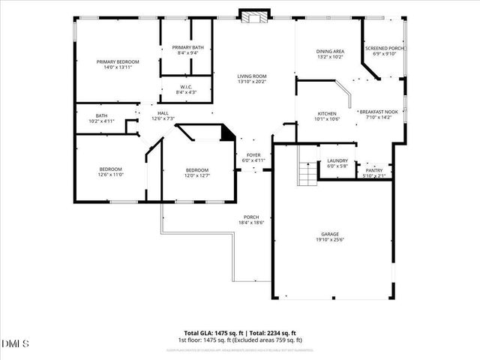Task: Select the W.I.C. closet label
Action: [x=187, y=89]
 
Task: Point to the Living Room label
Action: [x=252, y=79]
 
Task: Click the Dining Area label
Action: [x=329, y=53]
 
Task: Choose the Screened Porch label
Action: [x=384, y=51]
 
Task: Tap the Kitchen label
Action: [x=327, y=116]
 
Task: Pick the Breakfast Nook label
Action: [x=378, y=114]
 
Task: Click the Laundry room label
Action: [x=337, y=163]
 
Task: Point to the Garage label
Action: [x=330, y=237]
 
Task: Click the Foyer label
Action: [x=252, y=157]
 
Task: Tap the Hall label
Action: [x=163, y=115]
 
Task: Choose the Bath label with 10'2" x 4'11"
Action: [x=102, y=118]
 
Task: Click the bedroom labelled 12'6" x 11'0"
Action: [x=110, y=172]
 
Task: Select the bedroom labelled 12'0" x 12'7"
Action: [x=197, y=173]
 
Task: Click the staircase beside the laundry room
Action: [x=308, y=174]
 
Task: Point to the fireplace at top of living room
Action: [x=250, y=16]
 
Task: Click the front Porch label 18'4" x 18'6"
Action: [x=251, y=220]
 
